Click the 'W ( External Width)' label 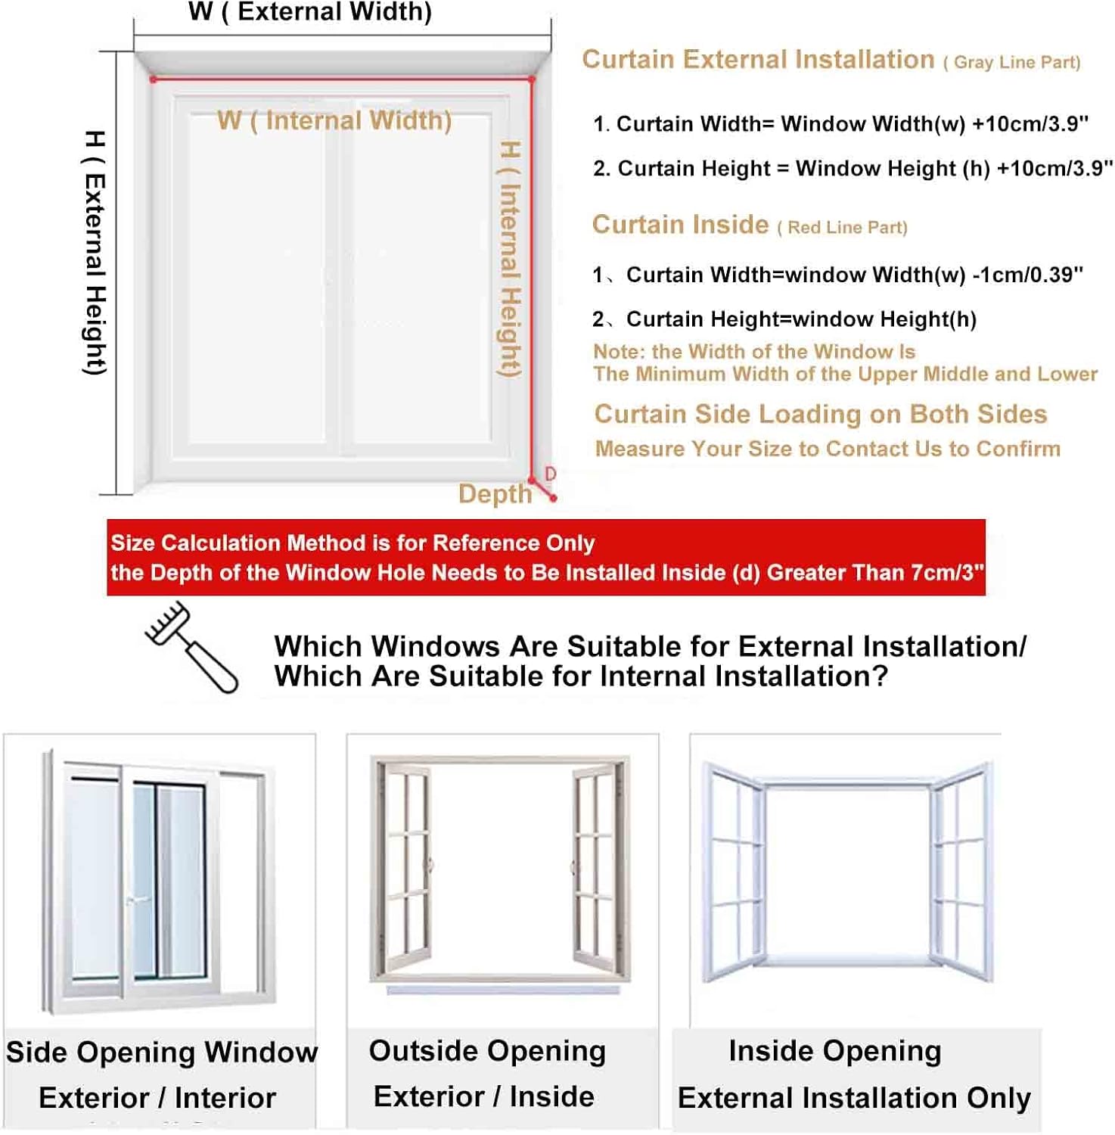pos(310,12)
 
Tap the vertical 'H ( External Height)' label pos(95,253)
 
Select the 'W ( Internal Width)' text pos(334,120)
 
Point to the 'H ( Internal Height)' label pos(510,259)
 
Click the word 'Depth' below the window pos(495,493)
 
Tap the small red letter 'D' pos(550,474)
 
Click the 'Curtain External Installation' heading pos(758,59)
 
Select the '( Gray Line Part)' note pos(1011,62)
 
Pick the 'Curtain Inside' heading pos(680,225)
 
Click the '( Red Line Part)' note pos(842,228)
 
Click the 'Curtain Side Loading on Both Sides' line pos(821,414)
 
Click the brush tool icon pos(191,647)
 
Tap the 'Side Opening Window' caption pos(162,1052)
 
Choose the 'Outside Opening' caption pos(487,1051)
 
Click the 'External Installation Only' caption pos(854,1098)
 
